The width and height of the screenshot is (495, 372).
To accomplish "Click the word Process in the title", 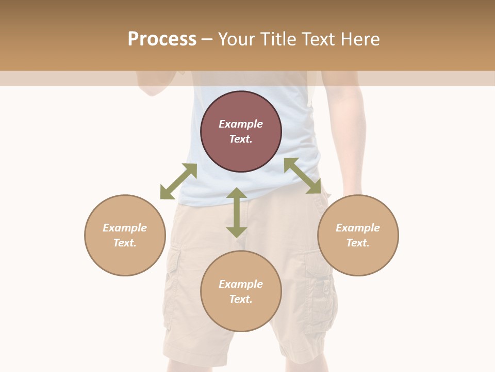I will (162, 39).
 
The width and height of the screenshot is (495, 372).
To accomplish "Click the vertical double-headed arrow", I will (237, 212).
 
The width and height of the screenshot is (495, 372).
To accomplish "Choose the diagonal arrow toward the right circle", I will (303, 176).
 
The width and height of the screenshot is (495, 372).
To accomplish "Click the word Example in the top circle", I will (241, 124).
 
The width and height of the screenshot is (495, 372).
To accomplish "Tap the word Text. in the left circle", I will (125, 243).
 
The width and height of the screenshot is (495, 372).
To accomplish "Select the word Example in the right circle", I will (358, 228).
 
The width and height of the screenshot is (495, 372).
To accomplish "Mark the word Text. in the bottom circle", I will (241, 299).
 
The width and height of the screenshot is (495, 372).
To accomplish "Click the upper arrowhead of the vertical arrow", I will (237, 194).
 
